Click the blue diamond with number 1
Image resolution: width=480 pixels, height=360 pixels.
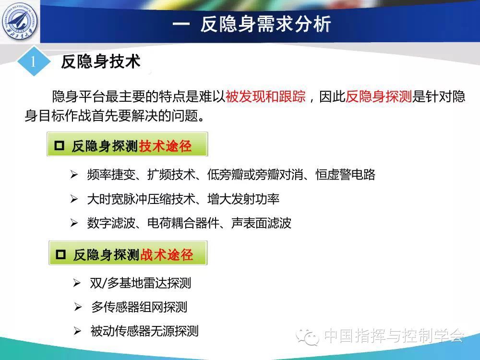[34, 61]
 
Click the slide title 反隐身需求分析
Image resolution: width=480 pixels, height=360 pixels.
[266, 24]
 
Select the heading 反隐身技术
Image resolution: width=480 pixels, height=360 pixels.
[100, 61]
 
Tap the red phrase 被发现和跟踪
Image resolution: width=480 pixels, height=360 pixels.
[265, 96]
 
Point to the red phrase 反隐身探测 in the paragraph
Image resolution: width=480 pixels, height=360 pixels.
[378, 96]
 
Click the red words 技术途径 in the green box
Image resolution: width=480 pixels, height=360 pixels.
[165, 146]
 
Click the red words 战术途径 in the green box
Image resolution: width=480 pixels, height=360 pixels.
[167, 255]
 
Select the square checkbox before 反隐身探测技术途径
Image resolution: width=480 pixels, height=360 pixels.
[59, 145]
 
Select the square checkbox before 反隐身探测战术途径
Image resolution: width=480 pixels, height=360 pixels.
[60, 254]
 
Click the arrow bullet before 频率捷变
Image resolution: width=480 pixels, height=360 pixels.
[74, 175]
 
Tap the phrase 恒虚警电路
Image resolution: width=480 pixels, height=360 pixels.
[345, 175]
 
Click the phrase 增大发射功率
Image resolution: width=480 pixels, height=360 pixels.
[243, 199]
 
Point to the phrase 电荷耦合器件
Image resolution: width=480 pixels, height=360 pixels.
[183, 223]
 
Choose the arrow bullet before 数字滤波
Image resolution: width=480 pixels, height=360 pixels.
[74, 223]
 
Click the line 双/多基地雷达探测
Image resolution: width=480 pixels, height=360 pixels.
[141, 283]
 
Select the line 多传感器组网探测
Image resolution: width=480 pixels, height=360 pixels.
[139, 307]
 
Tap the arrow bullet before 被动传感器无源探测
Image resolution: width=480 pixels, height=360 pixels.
[77, 331]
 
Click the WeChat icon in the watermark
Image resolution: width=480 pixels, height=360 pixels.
[308, 337]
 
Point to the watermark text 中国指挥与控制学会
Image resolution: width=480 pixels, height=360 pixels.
[394, 336]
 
